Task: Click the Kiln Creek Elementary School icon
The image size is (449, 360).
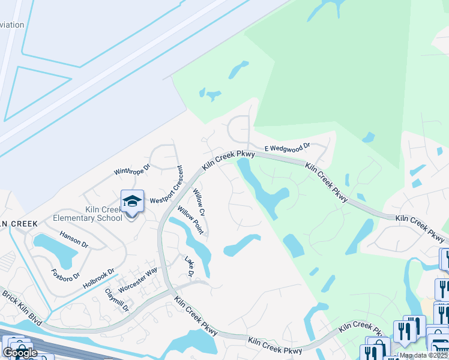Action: pyautogui.click(x=133, y=202)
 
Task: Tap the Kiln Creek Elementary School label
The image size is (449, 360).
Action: pyautogui.click(x=88, y=213)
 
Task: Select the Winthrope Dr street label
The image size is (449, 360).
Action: pyautogui.click(x=131, y=170)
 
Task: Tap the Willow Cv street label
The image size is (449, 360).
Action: pyautogui.click(x=199, y=203)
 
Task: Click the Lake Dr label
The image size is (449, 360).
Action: pyautogui.click(x=189, y=267)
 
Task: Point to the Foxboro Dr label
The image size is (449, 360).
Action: pyautogui.click(x=61, y=268)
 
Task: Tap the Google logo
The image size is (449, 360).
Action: pyautogui.click(x=20, y=353)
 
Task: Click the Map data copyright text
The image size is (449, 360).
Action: pyautogui.click(x=423, y=355)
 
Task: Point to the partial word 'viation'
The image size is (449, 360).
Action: pyautogui.click(x=12, y=25)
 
